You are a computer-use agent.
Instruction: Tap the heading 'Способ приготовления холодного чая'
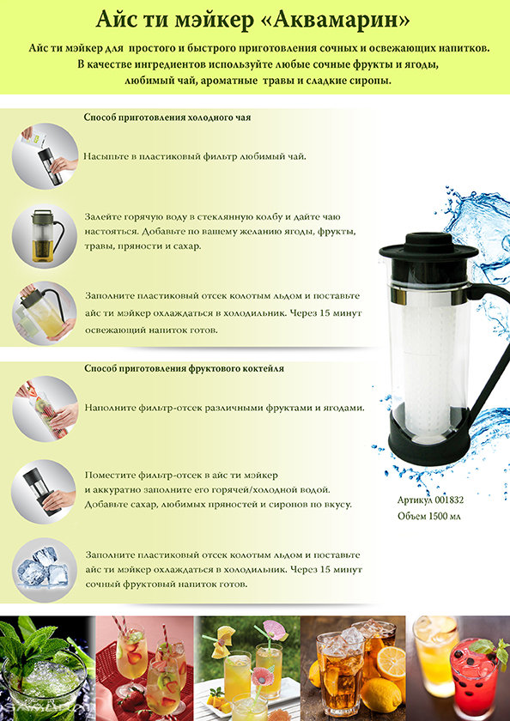pyautogui.click(x=167, y=118)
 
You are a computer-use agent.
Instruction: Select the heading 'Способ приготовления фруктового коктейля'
pyautogui.click(x=184, y=368)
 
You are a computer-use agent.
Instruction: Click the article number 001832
pyautogui.click(x=449, y=500)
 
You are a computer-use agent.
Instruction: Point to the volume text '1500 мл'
pyautogui.click(x=444, y=517)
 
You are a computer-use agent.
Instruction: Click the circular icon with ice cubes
pyautogui.click(x=44, y=570)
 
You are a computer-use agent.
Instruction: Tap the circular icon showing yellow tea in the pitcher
pyautogui.click(x=44, y=236)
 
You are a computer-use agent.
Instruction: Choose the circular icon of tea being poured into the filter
pyautogui.click(x=45, y=156)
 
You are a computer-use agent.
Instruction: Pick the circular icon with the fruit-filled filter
pyautogui.click(x=45, y=409)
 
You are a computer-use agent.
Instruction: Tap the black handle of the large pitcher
pyautogui.click(x=489, y=349)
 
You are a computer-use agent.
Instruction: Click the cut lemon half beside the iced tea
pyautogui.click(x=391, y=663)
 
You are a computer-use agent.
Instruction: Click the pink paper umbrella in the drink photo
pyautogui.click(x=274, y=630)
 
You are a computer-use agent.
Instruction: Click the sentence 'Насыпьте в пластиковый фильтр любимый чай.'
pyautogui.click(x=195, y=156)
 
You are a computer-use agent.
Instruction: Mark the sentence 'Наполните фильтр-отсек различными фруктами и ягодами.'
pyautogui.click(x=224, y=408)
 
